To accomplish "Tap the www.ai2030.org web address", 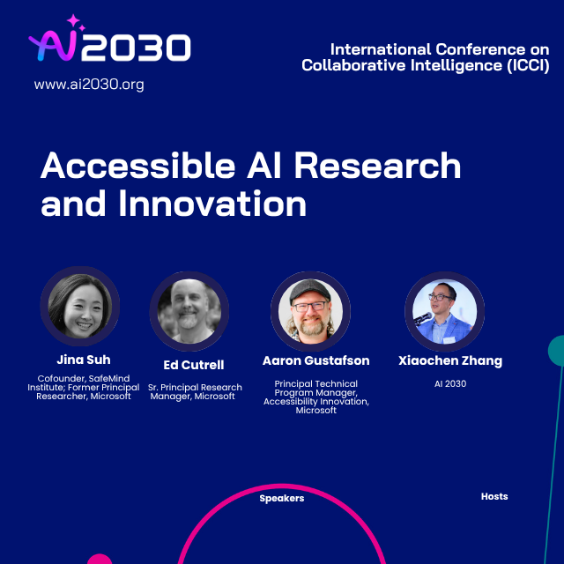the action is pos(89,85).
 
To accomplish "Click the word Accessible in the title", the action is pos(138,165).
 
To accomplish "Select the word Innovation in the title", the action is pos(212,204).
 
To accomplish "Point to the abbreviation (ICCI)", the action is pos(528,65).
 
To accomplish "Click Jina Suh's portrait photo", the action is pos(80,306).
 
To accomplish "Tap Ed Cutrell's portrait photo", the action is pos(189,311).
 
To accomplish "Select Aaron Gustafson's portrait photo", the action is pos(310,311).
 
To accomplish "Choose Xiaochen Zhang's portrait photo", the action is pos(444,311).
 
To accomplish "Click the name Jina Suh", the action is pos(84,360).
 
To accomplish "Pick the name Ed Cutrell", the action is pos(194,365).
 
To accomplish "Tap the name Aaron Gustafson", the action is pos(315,360).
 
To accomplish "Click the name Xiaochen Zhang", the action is pos(450,360).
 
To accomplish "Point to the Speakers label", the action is pos(282,498).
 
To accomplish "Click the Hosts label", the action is pos(494,496).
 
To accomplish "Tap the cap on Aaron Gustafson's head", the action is pos(309,290).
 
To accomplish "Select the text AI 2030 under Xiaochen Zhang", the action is pos(450,384).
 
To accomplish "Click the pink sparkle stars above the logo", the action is pos(76,22).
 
